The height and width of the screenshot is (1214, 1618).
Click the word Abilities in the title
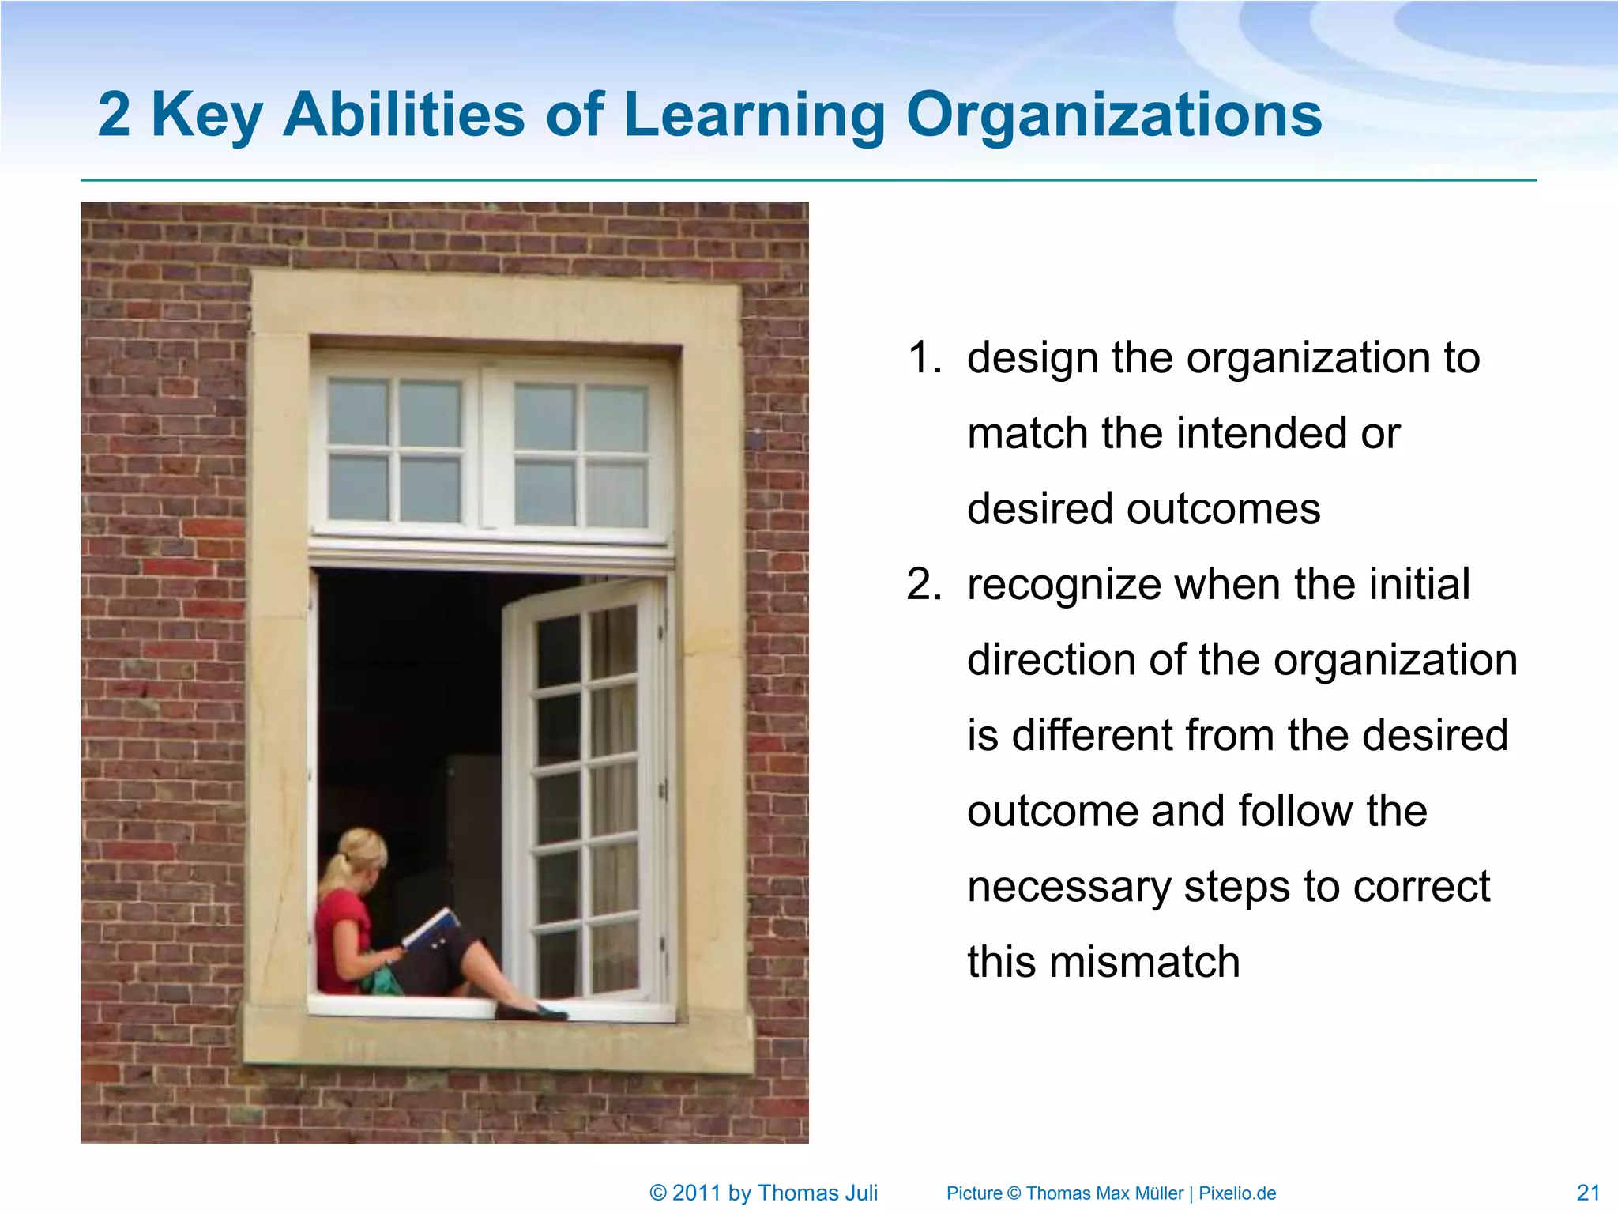(403, 115)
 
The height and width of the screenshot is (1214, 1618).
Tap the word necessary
(1068, 887)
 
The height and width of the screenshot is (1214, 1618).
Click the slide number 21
(1588, 1193)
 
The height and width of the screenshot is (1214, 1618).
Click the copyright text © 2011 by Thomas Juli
(763, 1193)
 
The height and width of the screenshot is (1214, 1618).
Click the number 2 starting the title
(114, 115)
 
